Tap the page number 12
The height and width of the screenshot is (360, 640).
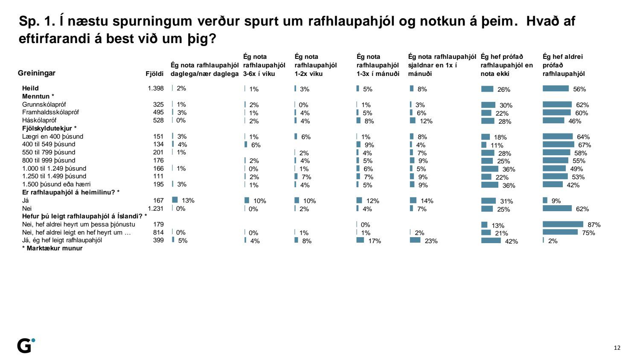click(617, 348)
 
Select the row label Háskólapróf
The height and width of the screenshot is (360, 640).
click(39, 120)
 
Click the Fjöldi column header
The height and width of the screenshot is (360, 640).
click(154, 74)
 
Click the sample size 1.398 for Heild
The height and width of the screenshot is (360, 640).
click(156, 88)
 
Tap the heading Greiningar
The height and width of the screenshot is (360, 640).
click(37, 73)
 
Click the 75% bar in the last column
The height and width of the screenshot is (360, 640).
click(560, 232)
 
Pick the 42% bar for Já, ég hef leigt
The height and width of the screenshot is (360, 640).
click(491, 241)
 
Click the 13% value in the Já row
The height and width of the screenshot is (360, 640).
click(188, 200)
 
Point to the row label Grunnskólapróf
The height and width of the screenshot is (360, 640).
click(44, 105)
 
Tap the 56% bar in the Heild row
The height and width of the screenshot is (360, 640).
click(556, 89)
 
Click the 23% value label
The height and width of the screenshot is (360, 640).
click(431, 241)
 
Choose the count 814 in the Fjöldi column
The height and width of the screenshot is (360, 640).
click(158, 232)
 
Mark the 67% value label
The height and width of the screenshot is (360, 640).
click(585, 145)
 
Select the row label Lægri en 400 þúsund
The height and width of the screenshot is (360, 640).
click(52, 136)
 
